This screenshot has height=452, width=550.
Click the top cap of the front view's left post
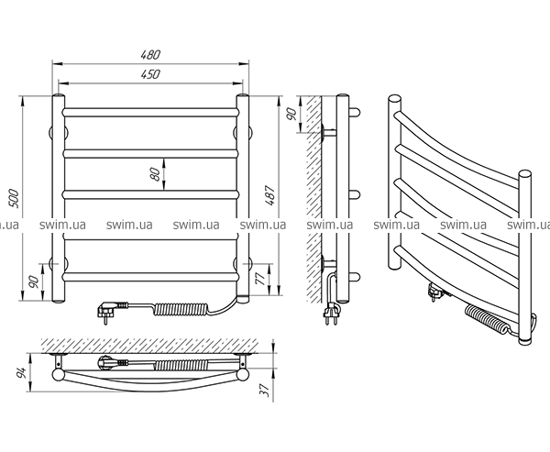(60, 95)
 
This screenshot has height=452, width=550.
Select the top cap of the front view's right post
(244, 95)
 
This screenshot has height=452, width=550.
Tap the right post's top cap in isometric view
(525, 173)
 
